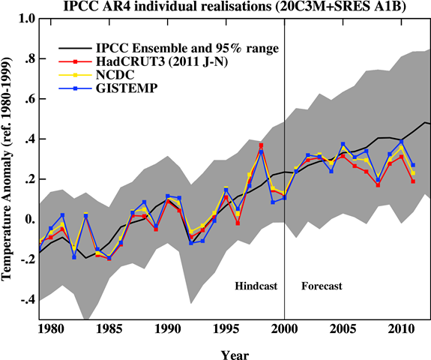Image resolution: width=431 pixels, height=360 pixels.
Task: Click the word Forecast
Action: pos(322,286)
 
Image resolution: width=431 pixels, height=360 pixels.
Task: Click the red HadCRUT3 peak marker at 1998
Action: pos(261,145)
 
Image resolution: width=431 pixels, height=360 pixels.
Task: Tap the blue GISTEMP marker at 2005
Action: pos(343,144)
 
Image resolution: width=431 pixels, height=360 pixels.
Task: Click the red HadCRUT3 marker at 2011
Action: pos(413,181)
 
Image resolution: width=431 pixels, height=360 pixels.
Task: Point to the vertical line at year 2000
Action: pos(285,225)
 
